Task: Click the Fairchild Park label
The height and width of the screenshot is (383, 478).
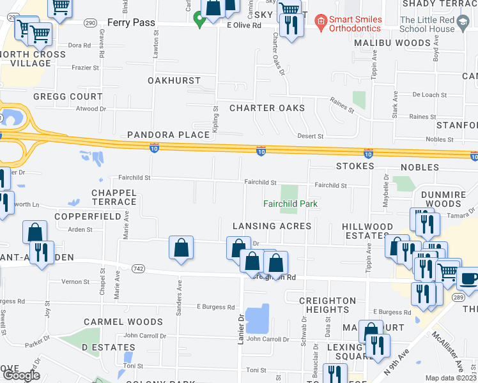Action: (x=291, y=204)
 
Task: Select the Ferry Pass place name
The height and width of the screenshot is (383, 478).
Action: (x=132, y=22)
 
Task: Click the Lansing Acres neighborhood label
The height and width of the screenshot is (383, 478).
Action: (x=272, y=226)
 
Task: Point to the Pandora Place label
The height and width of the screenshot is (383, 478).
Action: (x=168, y=135)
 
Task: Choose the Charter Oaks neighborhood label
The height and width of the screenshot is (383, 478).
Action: (x=267, y=108)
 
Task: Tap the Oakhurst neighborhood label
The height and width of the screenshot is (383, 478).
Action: (x=174, y=81)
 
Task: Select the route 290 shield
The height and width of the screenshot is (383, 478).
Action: (x=91, y=22)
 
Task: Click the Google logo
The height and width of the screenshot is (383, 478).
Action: (x=21, y=375)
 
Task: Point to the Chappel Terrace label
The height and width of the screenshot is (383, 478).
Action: (x=114, y=197)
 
